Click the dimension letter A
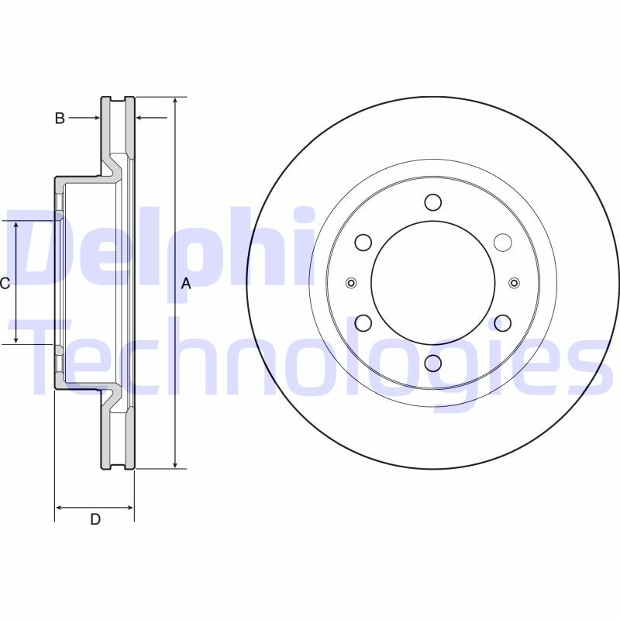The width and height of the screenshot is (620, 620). point(185,284)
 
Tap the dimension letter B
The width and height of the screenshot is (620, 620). point(59,119)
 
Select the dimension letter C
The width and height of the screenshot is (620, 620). point(5,284)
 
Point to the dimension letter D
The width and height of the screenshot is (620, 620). point(95,519)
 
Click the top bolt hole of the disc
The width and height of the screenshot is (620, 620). point(432,203)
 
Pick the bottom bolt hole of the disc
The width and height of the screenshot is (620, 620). point(432,363)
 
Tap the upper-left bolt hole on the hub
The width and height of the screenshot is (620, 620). point(363,243)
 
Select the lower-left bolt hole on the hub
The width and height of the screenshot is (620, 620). point(363,322)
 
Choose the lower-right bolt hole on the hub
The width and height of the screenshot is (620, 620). point(502,322)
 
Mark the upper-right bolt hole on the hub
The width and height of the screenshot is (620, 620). point(502,243)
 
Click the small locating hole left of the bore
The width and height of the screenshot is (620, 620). point(351,282)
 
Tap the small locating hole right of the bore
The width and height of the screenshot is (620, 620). point(515,282)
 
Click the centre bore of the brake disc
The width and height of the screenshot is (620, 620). point(432,282)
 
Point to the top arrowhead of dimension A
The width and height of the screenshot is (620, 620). point(176,102)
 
